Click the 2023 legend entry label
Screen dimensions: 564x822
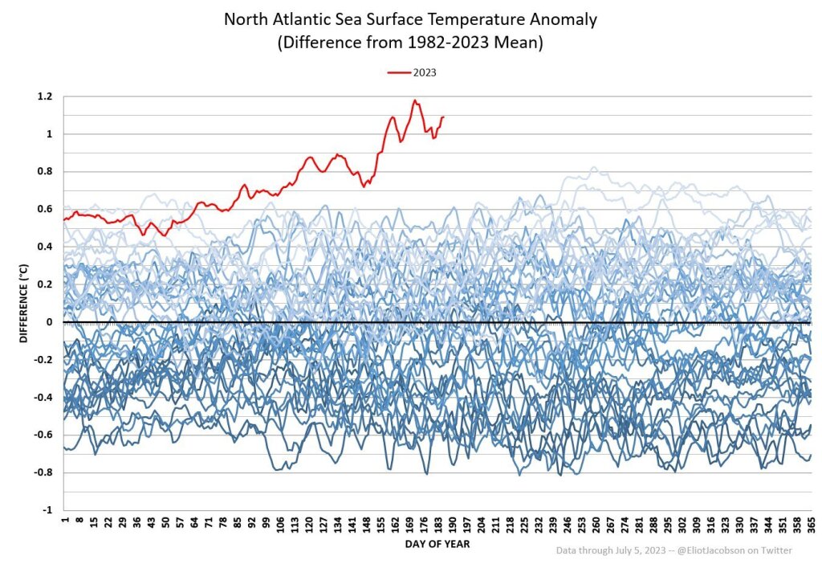click(425, 72)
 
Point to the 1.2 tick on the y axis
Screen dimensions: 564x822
click(45, 96)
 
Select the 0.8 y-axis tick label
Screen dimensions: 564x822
click(45, 172)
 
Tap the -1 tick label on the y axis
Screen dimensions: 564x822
click(47, 510)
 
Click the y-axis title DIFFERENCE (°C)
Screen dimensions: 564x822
click(24, 302)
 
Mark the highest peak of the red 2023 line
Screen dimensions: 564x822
click(415, 100)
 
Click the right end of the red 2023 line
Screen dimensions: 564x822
click(443, 117)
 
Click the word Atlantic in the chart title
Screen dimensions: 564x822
click(306, 18)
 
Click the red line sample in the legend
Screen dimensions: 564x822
click(399, 72)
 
